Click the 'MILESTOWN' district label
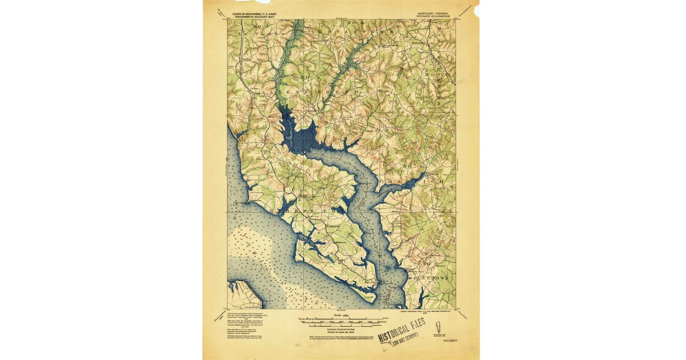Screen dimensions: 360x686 click(432, 279)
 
